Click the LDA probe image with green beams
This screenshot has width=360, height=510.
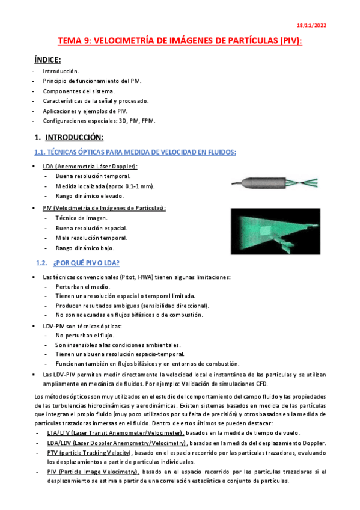coord(277,180)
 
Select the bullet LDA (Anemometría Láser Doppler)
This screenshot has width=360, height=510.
coord(90,166)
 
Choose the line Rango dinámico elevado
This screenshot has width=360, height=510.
coord(90,196)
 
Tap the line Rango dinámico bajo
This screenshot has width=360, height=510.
coord(84,248)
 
